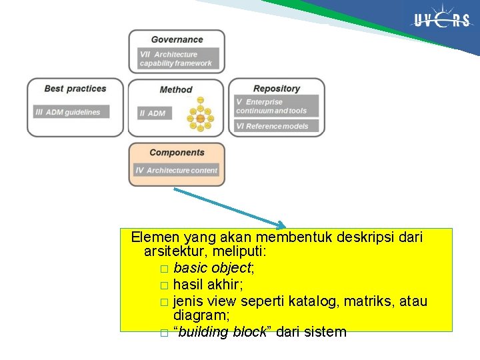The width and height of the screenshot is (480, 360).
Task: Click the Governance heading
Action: (x=177, y=40)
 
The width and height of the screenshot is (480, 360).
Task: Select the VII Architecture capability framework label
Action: (x=176, y=59)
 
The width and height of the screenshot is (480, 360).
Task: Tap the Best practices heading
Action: (x=75, y=89)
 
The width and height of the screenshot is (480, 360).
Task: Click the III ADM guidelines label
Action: (x=71, y=112)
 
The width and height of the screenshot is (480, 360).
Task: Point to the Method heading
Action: (x=176, y=90)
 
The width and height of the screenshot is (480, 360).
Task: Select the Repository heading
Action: (x=277, y=89)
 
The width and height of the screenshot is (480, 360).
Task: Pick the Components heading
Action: (x=177, y=153)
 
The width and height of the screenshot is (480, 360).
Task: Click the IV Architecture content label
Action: (x=177, y=171)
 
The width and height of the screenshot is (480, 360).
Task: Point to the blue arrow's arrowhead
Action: (x=281, y=225)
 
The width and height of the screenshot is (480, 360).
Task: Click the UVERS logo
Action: (x=441, y=21)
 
